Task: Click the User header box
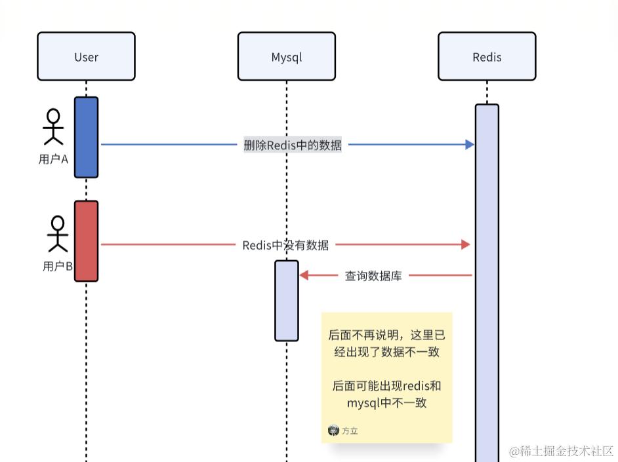86,57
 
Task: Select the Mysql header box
287,57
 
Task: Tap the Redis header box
487,57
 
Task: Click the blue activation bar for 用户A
86,138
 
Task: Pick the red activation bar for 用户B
86,241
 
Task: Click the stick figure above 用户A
53,126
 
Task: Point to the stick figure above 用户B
58,233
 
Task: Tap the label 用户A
53,159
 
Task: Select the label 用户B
58,266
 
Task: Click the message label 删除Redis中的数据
293,145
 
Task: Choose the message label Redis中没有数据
285,245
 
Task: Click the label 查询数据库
373,276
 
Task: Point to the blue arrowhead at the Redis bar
470,145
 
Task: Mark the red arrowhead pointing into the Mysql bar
304,275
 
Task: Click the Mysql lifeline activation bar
287,301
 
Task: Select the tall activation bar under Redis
487,282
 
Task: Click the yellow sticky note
386,377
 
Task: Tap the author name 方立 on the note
350,431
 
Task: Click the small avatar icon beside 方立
333,431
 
